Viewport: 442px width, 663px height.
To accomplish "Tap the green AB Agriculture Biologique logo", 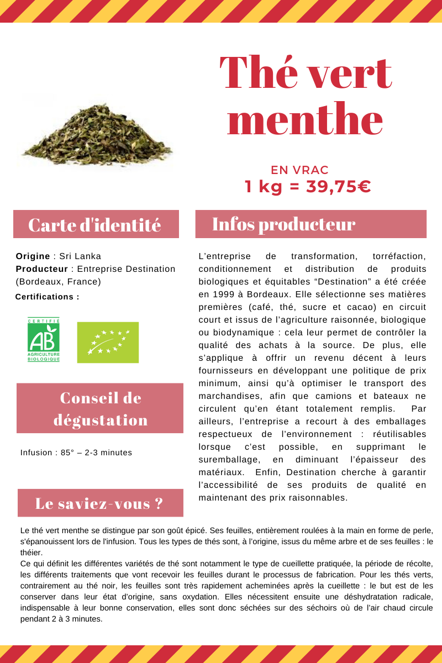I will click(x=44, y=340).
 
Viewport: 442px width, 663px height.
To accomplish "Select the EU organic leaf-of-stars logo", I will click(x=108, y=342).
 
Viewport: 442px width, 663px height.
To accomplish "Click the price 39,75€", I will click(x=338, y=187).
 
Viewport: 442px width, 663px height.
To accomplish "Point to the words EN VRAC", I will click(x=299, y=170).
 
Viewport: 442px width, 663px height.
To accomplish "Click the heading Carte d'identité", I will click(x=95, y=225).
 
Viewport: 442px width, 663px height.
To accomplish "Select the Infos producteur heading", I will click(x=283, y=224).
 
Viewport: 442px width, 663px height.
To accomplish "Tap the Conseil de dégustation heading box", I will click(x=100, y=408).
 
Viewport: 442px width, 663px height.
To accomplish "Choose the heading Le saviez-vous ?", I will click(x=99, y=503).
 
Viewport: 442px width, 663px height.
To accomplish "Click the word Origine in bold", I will click(x=33, y=256).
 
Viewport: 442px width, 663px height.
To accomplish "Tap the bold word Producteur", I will click(x=41, y=269).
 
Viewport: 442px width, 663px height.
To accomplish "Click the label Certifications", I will click(x=48, y=297).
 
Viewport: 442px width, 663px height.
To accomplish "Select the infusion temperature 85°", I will click(x=67, y=452).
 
